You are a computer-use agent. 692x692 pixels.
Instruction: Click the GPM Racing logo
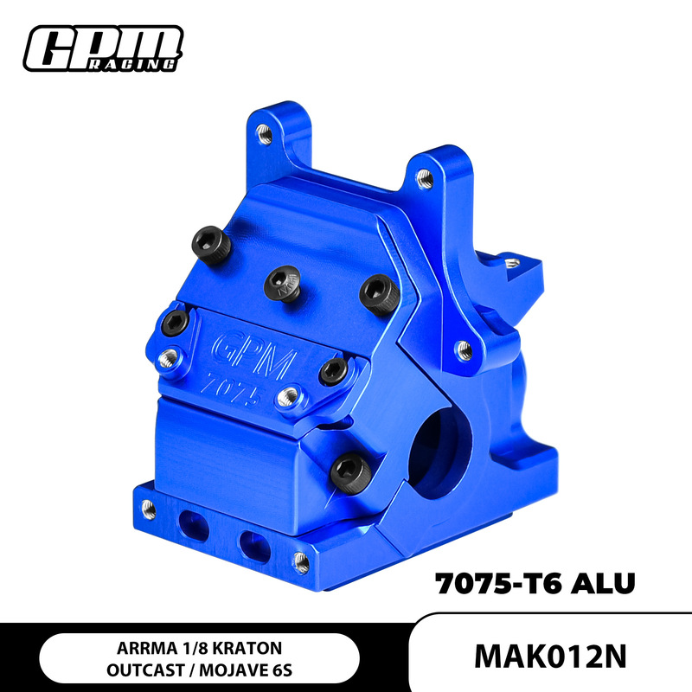coord(104,49)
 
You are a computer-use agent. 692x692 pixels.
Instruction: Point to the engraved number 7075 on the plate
coord(231,386)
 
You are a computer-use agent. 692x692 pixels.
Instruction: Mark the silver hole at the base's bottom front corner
coord(301,561)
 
